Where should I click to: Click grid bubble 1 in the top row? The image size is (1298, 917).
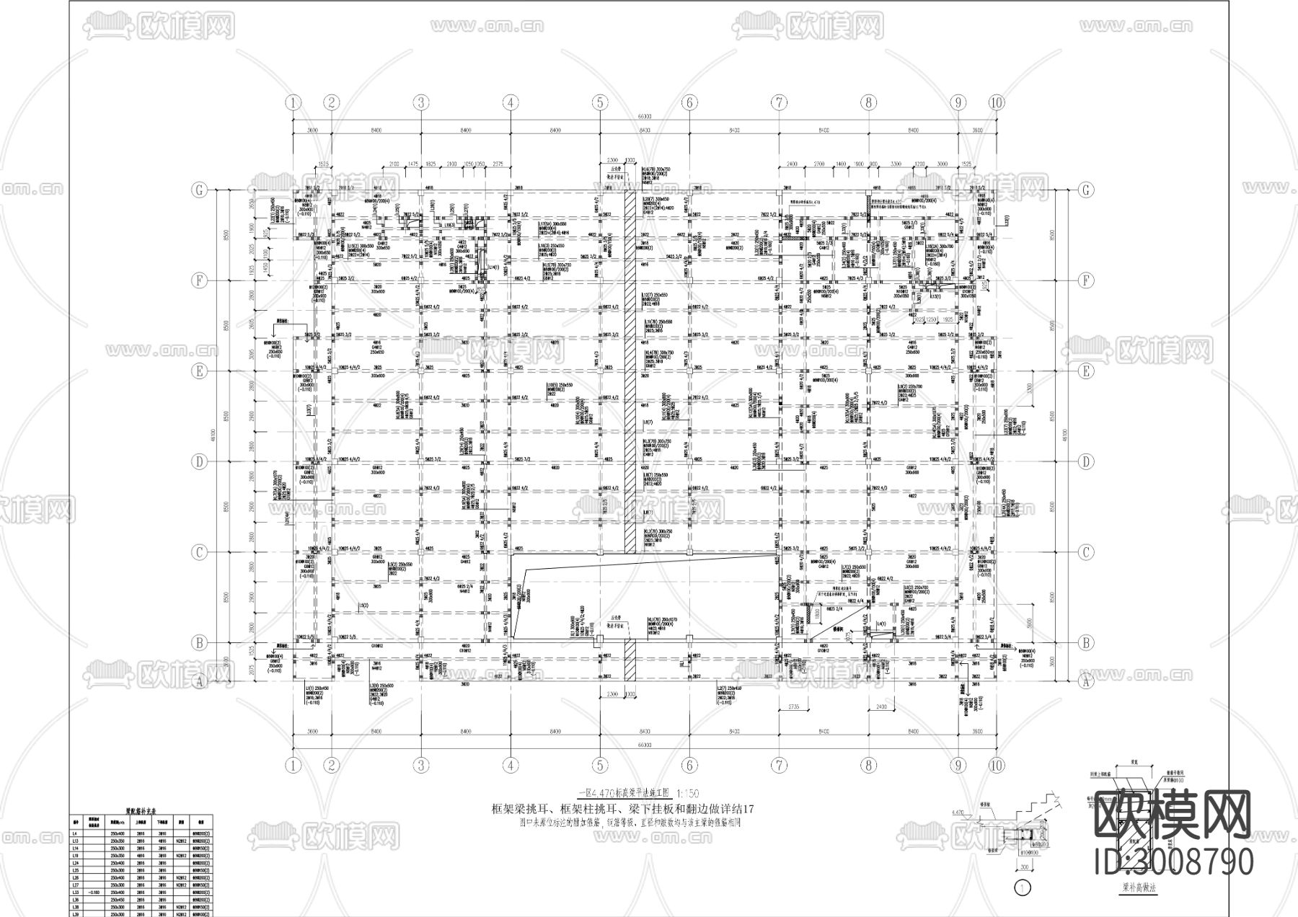coord(293,102)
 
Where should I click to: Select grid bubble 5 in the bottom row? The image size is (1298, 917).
coord(600,766)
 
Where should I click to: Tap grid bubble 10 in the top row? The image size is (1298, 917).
coord(996,102)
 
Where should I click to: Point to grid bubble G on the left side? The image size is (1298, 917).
coord(198,190)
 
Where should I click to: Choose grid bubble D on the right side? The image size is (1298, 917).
coord(1086,461)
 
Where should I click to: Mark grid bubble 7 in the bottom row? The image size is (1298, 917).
coord(779,766)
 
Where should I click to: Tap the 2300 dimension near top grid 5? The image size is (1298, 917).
coord(612,160)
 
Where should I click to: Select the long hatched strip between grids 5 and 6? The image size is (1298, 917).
coord(630,375)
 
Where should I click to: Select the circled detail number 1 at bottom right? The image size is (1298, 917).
coord(1022,888)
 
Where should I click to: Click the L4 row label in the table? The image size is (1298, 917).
coord(75,834)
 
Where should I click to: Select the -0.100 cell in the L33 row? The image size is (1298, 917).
coord(94,892)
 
